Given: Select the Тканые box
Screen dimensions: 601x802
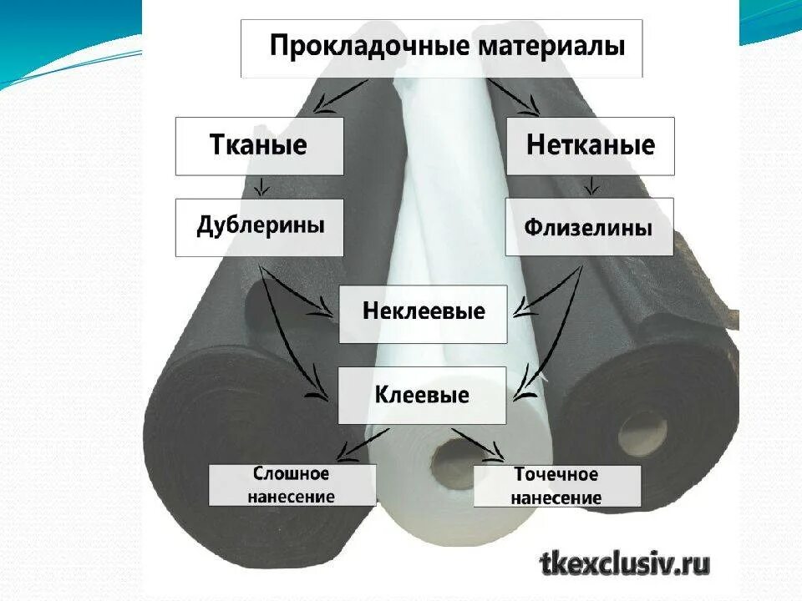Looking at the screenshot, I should (259, 146).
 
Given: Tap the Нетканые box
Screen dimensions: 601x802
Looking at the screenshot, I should (590, 146).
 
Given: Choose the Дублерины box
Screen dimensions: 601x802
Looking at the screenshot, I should (259, 227).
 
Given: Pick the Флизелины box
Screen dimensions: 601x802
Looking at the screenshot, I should (589, 227).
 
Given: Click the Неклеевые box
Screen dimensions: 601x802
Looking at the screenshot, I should (423, 313).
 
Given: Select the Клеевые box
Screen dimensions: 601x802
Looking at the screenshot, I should (422, 395).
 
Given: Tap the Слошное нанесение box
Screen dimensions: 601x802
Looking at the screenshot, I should (292, 486).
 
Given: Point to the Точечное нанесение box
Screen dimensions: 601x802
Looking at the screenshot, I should (556, 486).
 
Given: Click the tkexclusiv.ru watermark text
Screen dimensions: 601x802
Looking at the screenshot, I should (625, 564).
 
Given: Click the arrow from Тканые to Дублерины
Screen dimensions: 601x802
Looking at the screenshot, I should (261, 185).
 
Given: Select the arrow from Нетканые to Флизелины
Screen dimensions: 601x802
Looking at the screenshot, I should (591, 185).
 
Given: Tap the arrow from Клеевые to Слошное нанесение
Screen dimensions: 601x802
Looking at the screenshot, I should (359, 442).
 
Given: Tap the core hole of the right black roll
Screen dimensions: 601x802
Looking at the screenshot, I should (642, 428).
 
